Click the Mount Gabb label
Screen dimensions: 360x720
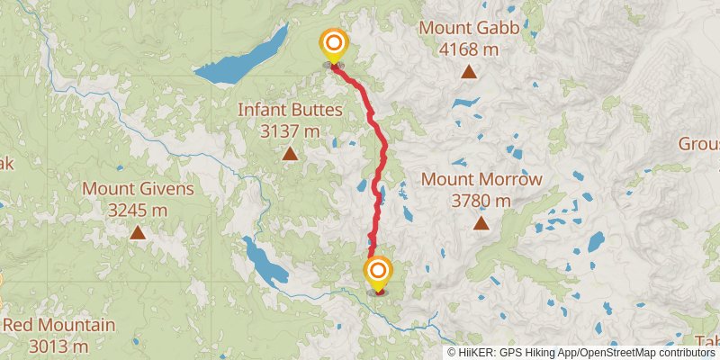[x=469, y=28]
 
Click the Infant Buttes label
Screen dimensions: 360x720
[x=290, y=110]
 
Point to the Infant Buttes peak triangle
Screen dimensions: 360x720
[x=290, y=154]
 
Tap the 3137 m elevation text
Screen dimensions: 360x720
[x=290, y=131]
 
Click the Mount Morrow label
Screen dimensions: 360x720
[x=481, y=179]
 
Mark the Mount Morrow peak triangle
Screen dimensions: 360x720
[x=481, y=222]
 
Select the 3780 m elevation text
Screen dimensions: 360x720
[x=481, y=201]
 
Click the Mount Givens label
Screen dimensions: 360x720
[x=138, y=189]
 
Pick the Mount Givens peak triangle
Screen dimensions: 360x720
[x=138, y=232]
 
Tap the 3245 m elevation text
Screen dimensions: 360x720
[x=138, y=211]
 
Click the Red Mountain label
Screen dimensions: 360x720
[x=58, y=325]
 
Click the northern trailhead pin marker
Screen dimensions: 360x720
[x=334, y=44]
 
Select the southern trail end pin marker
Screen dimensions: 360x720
[x=378, y=272]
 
